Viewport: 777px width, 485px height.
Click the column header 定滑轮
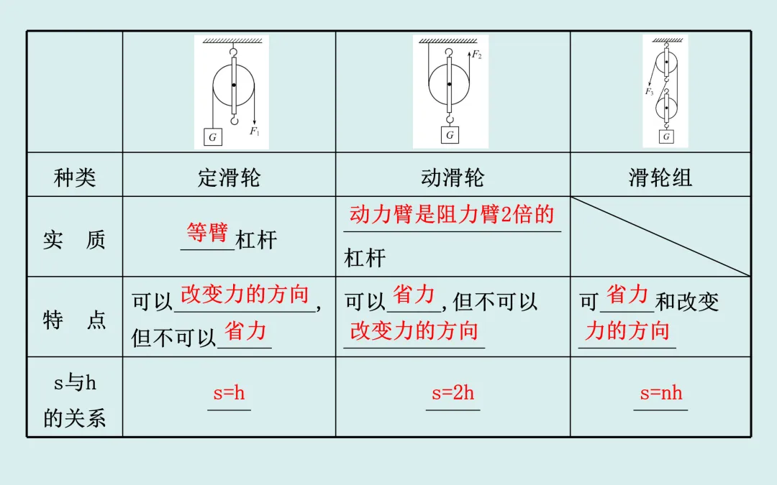click(x=229, y=177)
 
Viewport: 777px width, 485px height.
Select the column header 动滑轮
click(x=453, y=177)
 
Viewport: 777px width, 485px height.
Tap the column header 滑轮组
click(x=660, y=177)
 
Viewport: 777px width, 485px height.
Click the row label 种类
click(x=75, y=177)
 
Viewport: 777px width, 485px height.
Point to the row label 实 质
click(x=75, y=240)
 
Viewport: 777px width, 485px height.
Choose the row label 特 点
click(x=75, y=320)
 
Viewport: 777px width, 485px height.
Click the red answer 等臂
click(x=207, y=233)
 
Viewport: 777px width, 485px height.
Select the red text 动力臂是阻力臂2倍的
click(x=452, y=214)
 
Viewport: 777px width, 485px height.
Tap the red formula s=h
click(x=229, y=393)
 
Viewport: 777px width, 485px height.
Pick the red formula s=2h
click(x=453, y=393)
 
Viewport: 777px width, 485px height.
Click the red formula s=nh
click(x=660, y=393)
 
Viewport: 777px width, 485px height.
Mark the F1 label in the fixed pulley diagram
click(x=255, y=131)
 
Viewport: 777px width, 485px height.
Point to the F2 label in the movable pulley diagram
click(x=476, y=55)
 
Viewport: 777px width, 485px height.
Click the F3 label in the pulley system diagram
click(x=649, y=92)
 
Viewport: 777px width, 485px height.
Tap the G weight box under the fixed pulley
click(x=212, y=137)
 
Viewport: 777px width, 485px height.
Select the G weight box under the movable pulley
click(x=450, y=134)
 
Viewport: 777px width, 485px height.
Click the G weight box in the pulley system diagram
click(x=667, y=136)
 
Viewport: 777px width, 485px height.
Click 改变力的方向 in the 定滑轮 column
click(x=245, y=294)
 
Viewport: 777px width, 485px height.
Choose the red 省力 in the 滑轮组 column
click(x=627, y=294)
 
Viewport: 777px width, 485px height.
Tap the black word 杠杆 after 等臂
click(x=256, y=240)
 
